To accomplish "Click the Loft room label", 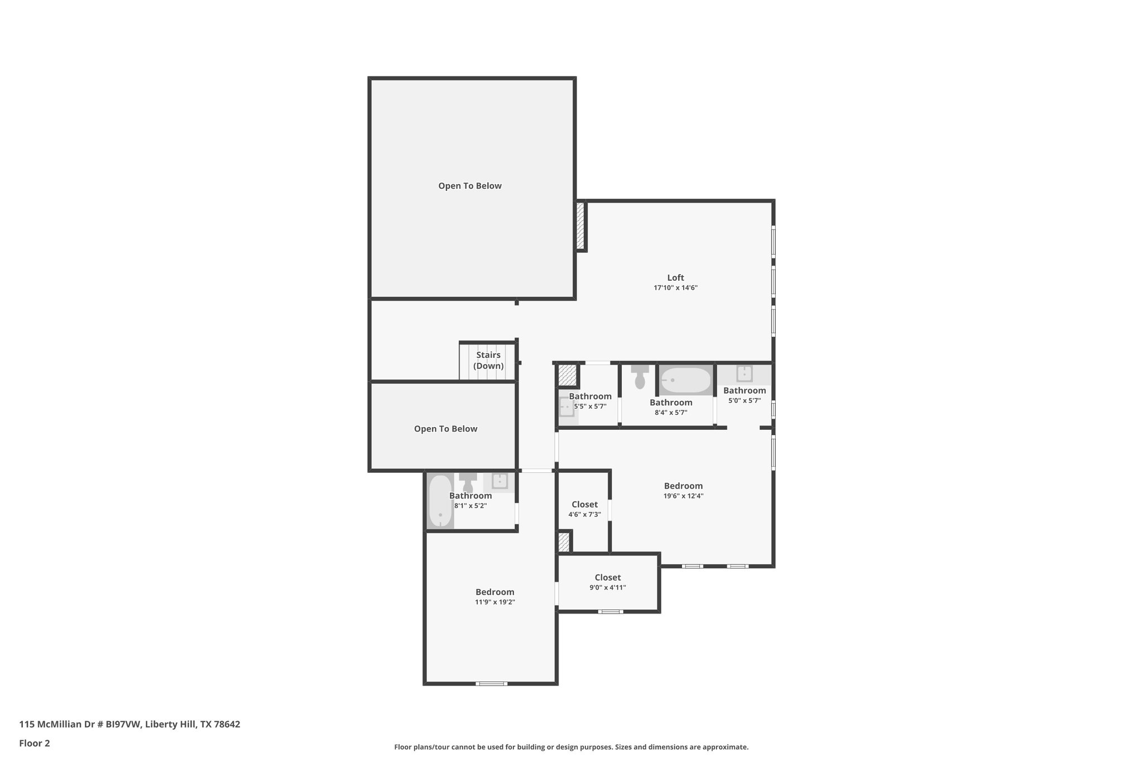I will [x=675, y=277].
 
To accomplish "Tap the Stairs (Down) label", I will [x=488, y=360].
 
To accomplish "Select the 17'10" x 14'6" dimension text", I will [x=675, y=288].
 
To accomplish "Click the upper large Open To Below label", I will [x=470, y=186].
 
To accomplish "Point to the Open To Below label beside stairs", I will [x=445, y=429].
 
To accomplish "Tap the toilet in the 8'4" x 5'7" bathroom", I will [x=640, y=377].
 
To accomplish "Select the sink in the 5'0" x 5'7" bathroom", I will [x=745, y=373].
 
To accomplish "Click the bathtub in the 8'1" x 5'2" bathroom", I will [x=440, y=501].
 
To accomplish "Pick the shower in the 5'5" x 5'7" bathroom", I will [x=567, y=408].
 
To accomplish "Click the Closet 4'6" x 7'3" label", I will [x=584, y=505].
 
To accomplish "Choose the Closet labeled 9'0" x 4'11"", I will [x=608, y=578].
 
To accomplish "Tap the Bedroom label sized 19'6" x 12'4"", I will [x=683, y=486].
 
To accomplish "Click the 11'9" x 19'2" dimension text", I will [x=494, y=602].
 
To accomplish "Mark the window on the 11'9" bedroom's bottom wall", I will [x=491, y=683].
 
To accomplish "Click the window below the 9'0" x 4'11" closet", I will [x=610, y=612].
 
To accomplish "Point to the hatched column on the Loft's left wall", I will [x=580, y=226].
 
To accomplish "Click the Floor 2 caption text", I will [x=35, y=743].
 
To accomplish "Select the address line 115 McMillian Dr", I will [x=129, y=724].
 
